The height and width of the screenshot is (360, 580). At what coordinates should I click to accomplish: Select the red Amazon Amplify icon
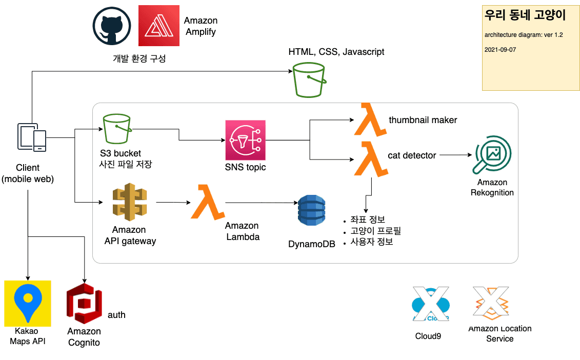159,26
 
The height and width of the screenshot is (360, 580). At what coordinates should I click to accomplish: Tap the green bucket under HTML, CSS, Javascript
309,80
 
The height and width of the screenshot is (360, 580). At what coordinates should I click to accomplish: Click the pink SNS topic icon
245,140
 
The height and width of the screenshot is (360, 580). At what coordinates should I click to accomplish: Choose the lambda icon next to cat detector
370,158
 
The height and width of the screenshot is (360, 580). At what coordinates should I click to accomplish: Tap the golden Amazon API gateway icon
129,203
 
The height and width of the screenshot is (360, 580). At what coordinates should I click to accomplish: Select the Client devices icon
32,137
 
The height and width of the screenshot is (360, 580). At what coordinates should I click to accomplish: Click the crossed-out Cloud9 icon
431,306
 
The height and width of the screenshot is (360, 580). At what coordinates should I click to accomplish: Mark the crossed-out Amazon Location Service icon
491,303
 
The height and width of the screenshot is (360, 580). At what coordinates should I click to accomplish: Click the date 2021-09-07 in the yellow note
499,50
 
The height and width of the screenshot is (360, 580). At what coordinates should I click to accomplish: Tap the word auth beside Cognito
116,315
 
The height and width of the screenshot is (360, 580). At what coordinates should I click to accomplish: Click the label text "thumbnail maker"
423,120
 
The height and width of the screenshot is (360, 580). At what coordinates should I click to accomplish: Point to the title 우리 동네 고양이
525,15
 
